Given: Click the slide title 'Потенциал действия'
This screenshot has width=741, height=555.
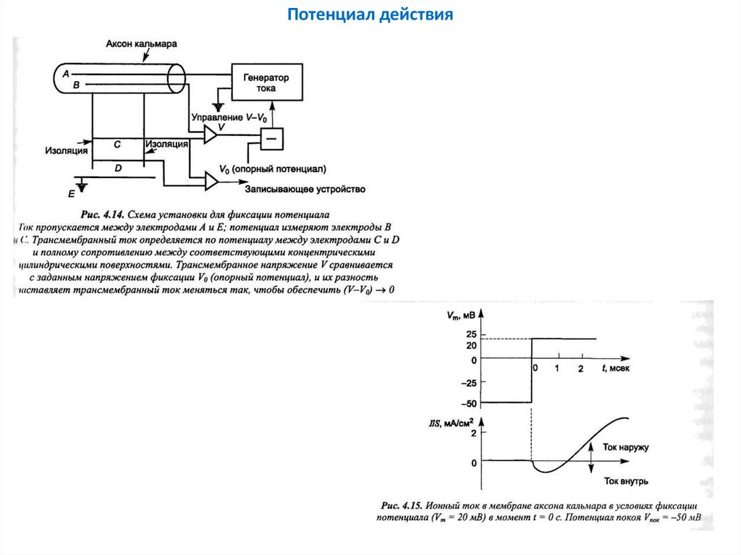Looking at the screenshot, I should (370, 14).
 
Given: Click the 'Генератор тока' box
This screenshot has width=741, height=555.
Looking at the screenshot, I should (266, 82).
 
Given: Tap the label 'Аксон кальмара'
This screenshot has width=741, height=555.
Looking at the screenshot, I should (141, 43).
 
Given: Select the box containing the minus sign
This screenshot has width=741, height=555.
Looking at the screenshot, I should (272, 137).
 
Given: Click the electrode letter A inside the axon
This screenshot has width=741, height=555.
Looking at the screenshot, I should (66, 74).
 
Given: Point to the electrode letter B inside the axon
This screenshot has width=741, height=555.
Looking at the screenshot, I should (75, 85).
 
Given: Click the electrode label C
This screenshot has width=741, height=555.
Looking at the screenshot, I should (117, 145).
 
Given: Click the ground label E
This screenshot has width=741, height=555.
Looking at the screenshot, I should (71, 194).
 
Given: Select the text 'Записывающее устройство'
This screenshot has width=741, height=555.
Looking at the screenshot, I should (305, 190).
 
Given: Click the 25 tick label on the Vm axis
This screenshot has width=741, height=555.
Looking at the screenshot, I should (472, 334).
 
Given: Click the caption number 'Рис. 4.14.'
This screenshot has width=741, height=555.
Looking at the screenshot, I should (102, 215).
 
